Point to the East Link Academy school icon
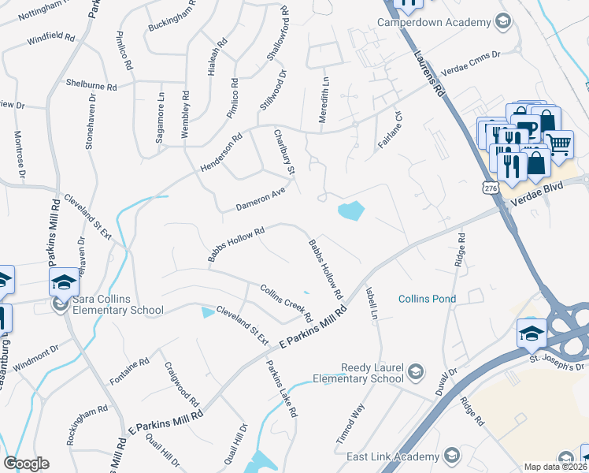point(451,455)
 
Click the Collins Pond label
point(427,299)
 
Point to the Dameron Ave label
point(260,202)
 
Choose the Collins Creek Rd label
point(287,304)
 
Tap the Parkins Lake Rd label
point(281,389)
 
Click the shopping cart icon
point(559,143)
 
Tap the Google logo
point(26,464)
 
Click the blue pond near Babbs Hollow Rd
point(350,210)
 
